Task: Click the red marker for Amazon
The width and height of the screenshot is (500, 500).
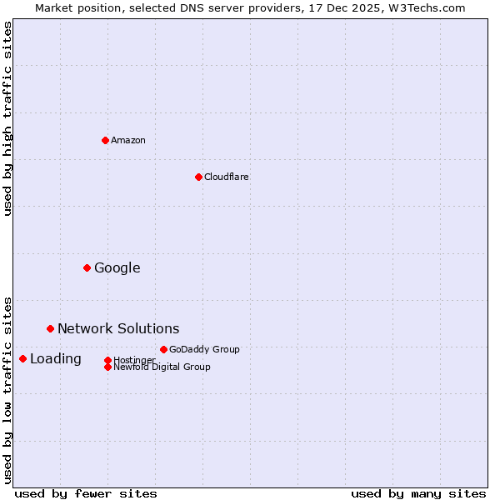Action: (105, 140)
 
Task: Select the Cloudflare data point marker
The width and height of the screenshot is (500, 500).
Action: (198, 177)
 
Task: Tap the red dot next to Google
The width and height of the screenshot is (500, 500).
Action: (87, 267)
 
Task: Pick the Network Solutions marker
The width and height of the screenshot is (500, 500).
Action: (50, 328)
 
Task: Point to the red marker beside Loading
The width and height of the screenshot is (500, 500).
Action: (22, 358)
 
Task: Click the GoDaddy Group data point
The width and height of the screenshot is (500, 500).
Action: (163, 349)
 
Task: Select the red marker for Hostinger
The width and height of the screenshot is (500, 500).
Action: (107, 360)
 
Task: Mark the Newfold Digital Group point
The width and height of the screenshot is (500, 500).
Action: (107, 367)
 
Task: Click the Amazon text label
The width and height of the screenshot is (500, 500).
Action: (128, 140)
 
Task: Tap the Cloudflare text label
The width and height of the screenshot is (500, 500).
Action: (227, 177)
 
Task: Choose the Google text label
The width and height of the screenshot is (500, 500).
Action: (117, 267)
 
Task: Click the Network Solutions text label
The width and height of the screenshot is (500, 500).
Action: (118, 328)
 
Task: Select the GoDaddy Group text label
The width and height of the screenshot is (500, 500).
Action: (204, 349)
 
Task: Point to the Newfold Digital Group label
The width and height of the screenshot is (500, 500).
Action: (162, 367)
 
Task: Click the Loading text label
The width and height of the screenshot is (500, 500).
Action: (56, 358)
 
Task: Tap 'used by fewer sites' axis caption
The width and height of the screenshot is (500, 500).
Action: (86, 493)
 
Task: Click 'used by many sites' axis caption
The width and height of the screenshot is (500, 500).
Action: (418, 493)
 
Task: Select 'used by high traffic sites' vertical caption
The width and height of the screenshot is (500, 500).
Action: (7, 118)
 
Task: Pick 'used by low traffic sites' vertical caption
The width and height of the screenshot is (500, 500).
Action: (7, 389)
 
